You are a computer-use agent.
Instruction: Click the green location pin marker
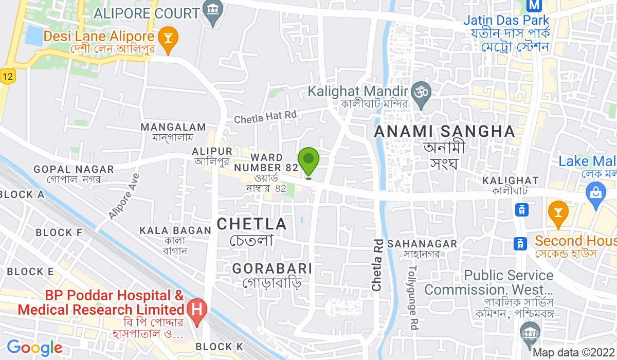coord(308,161)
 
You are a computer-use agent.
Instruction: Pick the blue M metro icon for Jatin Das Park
coord(535,5)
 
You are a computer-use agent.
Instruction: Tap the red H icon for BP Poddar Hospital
coord(196,310)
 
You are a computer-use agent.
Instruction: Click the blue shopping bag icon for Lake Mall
coord(595,195)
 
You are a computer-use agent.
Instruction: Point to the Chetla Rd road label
coord(377,265)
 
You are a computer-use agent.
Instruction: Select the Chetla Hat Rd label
coord(265,117)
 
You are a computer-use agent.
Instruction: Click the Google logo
coord(34,348)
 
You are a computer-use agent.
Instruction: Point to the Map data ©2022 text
coord(573,353)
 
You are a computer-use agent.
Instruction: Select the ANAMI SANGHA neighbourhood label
coord(444,131)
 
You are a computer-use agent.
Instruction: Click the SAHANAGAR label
coord(422,243)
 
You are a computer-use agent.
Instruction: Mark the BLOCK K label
coord(220,347)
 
